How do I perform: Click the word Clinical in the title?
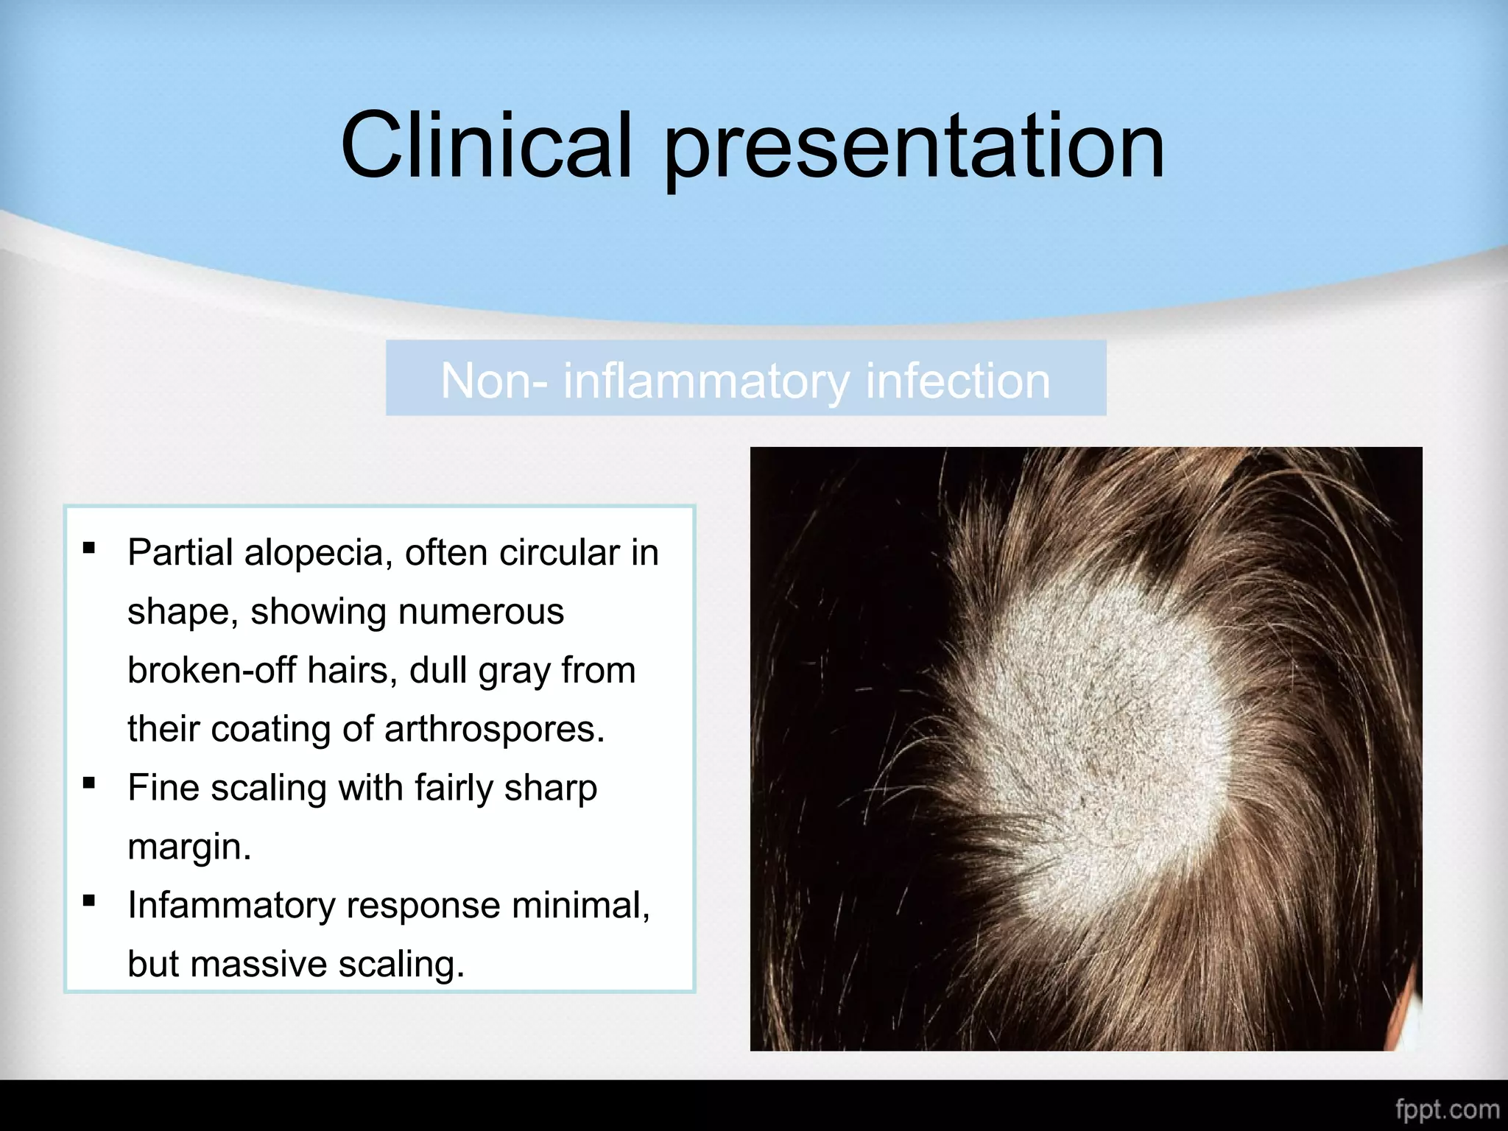(x=486, y=145)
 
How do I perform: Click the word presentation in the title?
(x=915, y=147)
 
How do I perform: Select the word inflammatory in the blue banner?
(x=706, y=381)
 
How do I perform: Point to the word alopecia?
(x=318, y=552)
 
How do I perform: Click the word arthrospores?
(x=493, y=729)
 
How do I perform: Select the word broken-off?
(x=211, y=670)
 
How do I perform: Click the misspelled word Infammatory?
(x=231, y=905)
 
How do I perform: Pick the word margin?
(x=189, y=847)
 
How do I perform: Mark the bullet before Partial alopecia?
(x=89, y=547)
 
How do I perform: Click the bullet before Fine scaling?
(x=89, y=783)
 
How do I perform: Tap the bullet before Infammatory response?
(x=89, y=900)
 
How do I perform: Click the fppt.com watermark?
(x=1447, y=1109)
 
